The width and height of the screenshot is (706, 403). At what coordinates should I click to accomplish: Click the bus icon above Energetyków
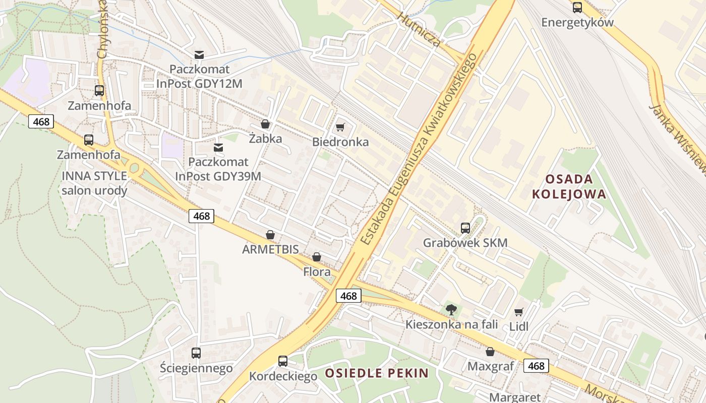pos(577,8)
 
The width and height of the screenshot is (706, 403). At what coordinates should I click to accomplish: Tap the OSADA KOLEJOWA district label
pos(569,186)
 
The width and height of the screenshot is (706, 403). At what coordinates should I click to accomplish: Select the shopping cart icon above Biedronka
pos(340,127)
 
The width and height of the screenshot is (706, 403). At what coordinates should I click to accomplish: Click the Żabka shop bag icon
pos(265,124)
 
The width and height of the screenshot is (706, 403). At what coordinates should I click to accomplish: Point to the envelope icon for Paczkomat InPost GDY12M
pos(199,54)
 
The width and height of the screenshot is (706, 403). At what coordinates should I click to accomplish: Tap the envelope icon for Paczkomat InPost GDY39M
pos(218,148)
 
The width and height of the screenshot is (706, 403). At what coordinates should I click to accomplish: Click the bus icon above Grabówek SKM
pos(465,228)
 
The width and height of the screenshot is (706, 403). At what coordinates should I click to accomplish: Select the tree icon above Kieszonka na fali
pos(451,310)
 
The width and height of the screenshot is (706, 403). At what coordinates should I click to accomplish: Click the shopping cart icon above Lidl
pos(518,312)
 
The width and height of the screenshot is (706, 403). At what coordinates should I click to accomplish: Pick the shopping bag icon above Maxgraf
pos(490,352)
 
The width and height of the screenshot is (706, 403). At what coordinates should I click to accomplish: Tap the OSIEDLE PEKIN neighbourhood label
pos(377,373)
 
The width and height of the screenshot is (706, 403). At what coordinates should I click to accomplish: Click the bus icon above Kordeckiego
pos(283,361)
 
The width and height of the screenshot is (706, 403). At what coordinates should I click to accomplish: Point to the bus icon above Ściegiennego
pos(196,353)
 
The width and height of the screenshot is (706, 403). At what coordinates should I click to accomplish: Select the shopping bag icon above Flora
pos(317,257)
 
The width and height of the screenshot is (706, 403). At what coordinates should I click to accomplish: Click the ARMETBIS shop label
pos(270,249)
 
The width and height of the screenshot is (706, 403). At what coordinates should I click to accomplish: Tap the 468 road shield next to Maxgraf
pos(536,366)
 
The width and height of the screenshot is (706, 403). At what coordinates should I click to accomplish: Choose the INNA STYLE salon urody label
pos(94,183)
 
